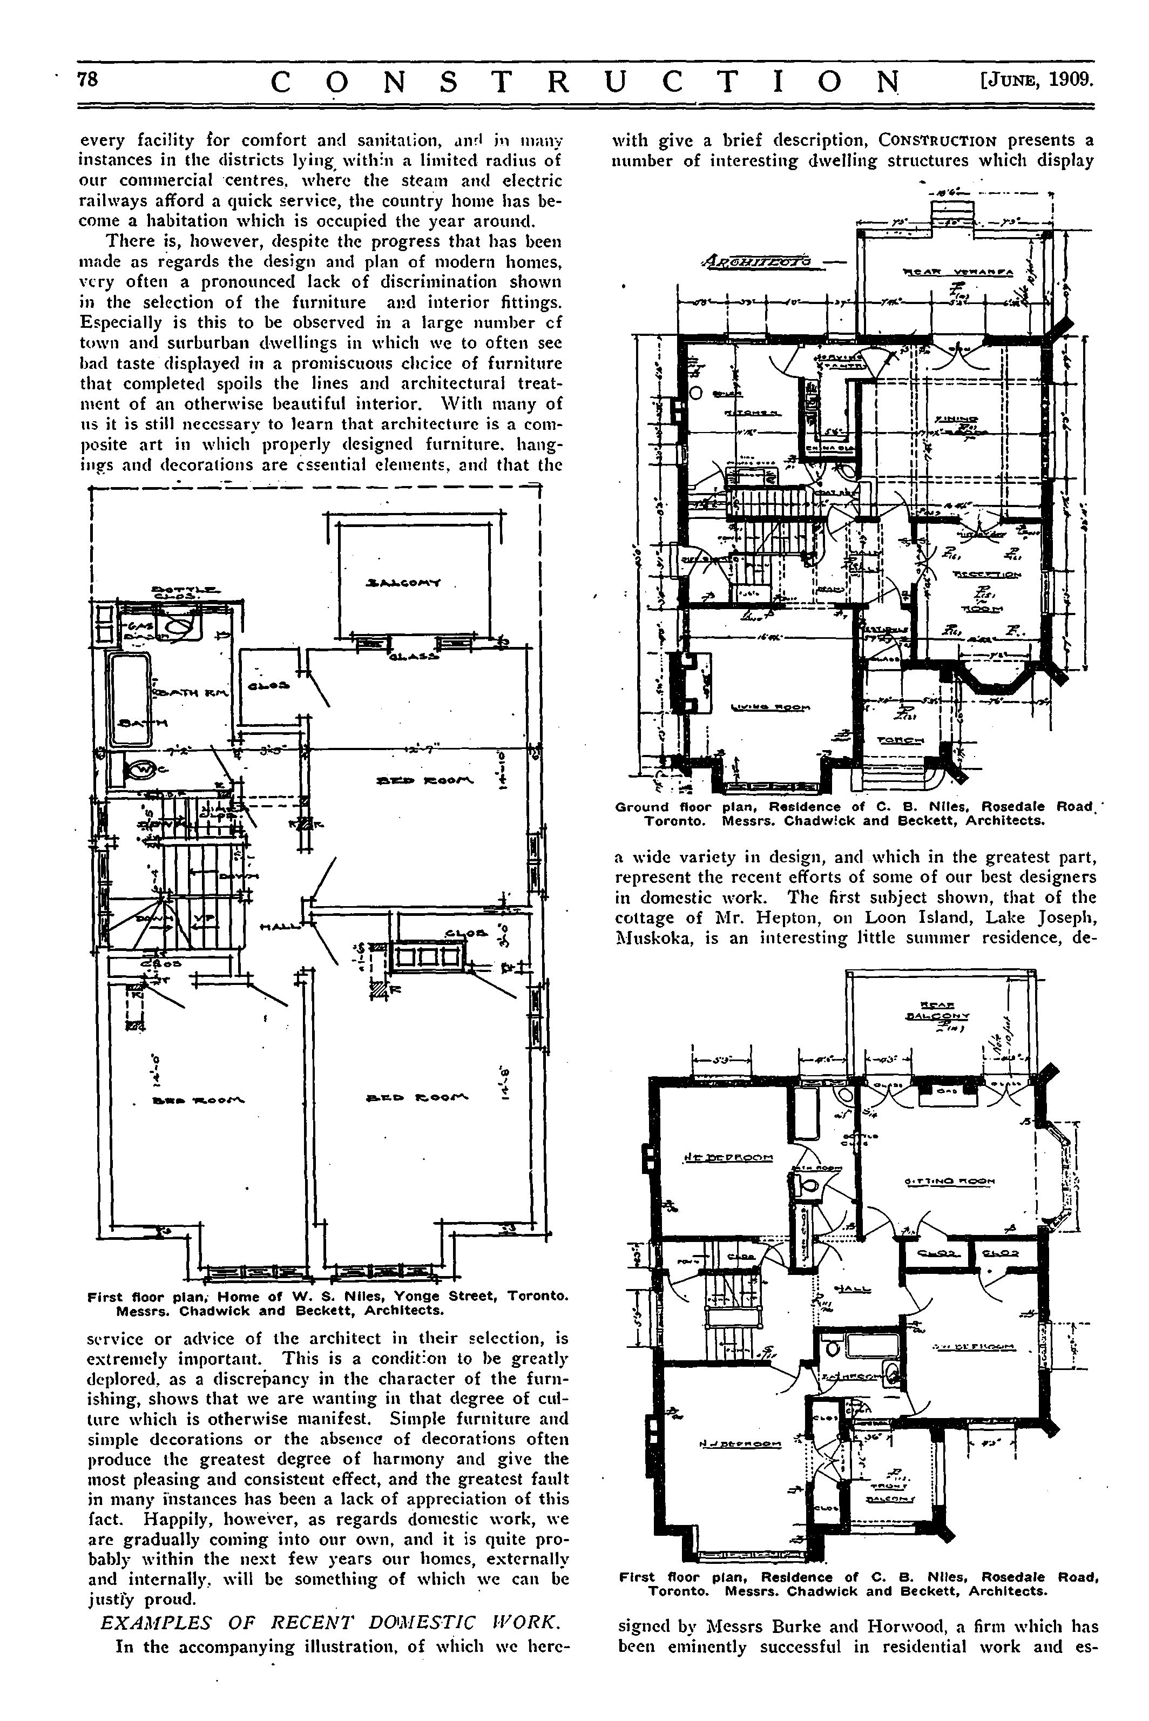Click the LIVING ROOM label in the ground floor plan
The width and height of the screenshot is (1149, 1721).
pyautogui.click(x=771, y=707)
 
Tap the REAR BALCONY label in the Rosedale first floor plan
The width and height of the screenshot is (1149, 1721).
pyautogui.click(x=936, y=1010)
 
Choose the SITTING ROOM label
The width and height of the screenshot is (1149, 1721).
pyautogui.click(x=950, y=1181)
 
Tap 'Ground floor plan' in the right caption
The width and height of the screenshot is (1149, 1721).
pyautogui.click(x=669, y=807)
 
